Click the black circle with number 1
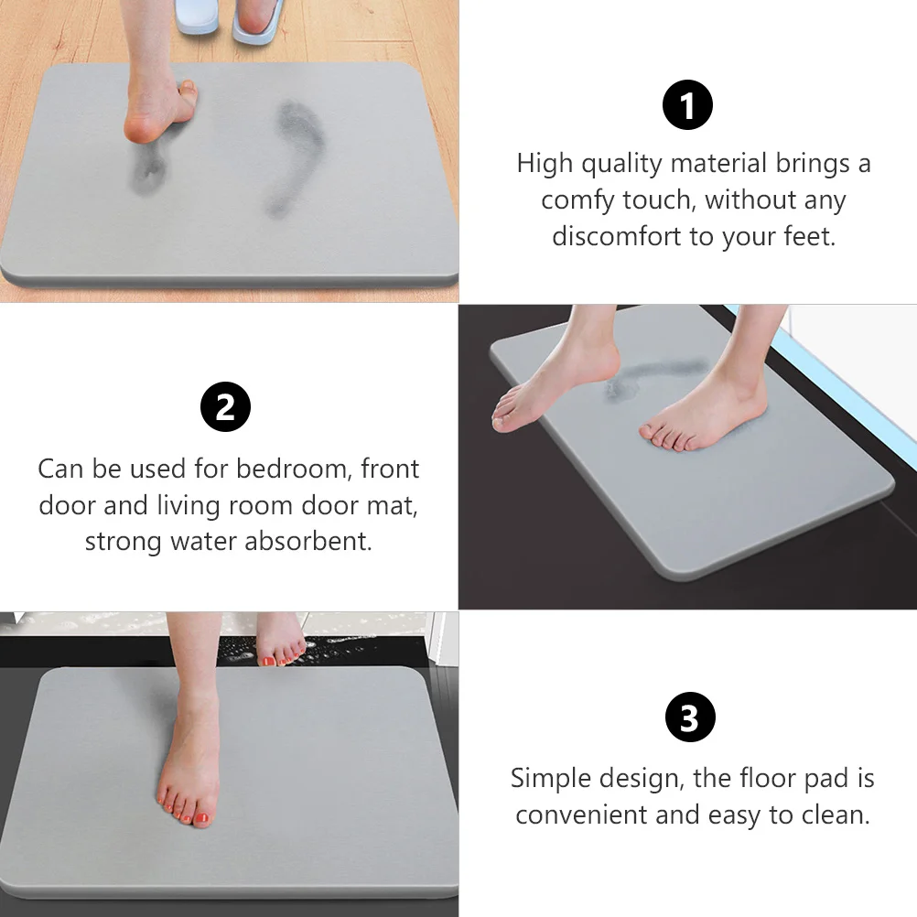(687, 104)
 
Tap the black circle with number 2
(225, 408)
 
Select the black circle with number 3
(689, 718)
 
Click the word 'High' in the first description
(545, 164)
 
